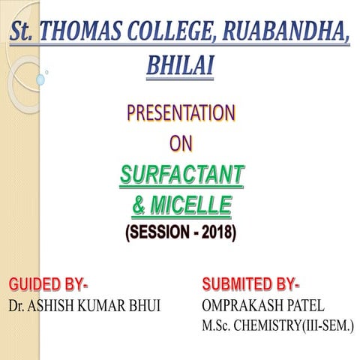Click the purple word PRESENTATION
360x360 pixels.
(180, 114)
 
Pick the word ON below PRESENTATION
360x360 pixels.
(180, 142)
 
